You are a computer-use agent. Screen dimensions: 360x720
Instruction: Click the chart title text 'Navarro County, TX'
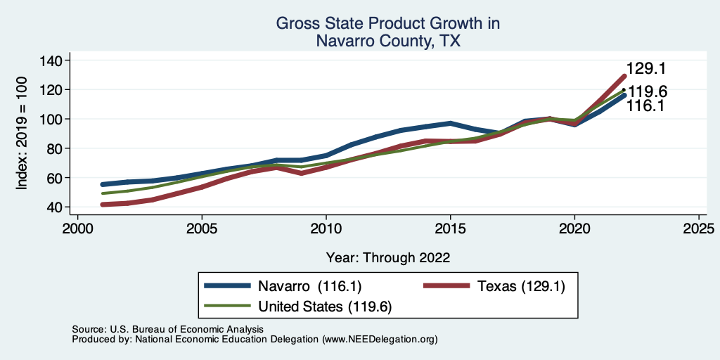point(387,41)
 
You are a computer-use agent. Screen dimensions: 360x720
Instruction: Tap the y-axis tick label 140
point(51,60)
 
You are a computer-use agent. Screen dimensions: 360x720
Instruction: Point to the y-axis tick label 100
point(51,119)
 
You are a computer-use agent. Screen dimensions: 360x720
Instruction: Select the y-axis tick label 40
point(56,207)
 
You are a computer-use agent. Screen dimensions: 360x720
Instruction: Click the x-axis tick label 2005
point(202,230)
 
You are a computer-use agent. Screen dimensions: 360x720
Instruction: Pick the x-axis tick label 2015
point(450,230)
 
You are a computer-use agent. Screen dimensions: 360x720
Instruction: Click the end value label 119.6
point(647,91)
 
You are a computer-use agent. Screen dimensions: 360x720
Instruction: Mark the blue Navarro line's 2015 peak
point(450,124)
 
